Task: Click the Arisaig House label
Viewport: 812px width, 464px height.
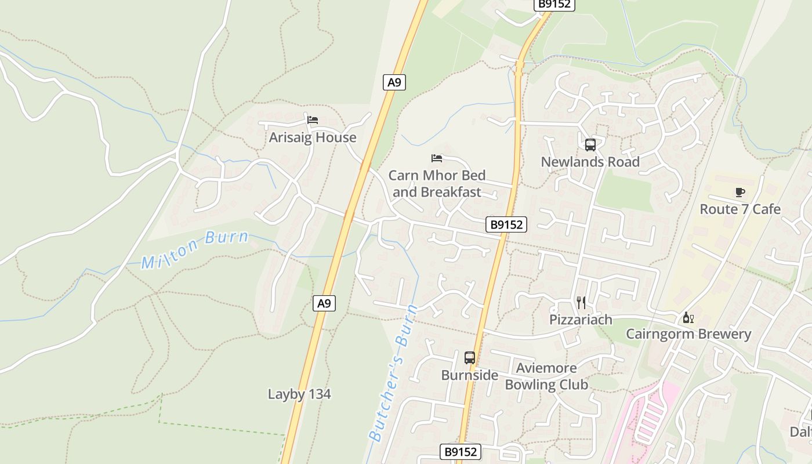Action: click(312, 137)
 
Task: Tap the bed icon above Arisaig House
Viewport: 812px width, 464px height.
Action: click(313, 120)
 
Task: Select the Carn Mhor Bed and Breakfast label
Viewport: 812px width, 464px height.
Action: click(437, 183)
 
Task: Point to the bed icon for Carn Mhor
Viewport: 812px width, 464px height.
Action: click(437, 158)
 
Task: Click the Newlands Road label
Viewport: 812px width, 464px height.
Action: click(590, 162)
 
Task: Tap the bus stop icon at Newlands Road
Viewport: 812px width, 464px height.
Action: click(590, 145)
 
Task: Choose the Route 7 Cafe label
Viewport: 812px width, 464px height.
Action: click(739, 209)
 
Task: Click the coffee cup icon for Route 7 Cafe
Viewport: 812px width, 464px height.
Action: click(739, 192)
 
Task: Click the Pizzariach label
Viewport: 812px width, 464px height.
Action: click(581, 320)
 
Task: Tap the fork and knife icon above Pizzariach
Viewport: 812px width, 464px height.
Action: click(581, 302)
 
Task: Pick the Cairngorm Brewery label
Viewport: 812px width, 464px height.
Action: click(688, 334)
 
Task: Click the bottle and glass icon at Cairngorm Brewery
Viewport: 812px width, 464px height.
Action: click(688, 317)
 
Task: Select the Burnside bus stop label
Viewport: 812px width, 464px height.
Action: click(469, 375)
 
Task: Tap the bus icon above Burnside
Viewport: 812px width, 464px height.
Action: click(470, 358)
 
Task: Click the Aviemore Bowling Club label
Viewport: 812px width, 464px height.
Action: click(546, 376)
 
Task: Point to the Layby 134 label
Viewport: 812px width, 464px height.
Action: click(299, 394)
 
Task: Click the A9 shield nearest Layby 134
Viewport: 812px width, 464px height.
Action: click(325, 303)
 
